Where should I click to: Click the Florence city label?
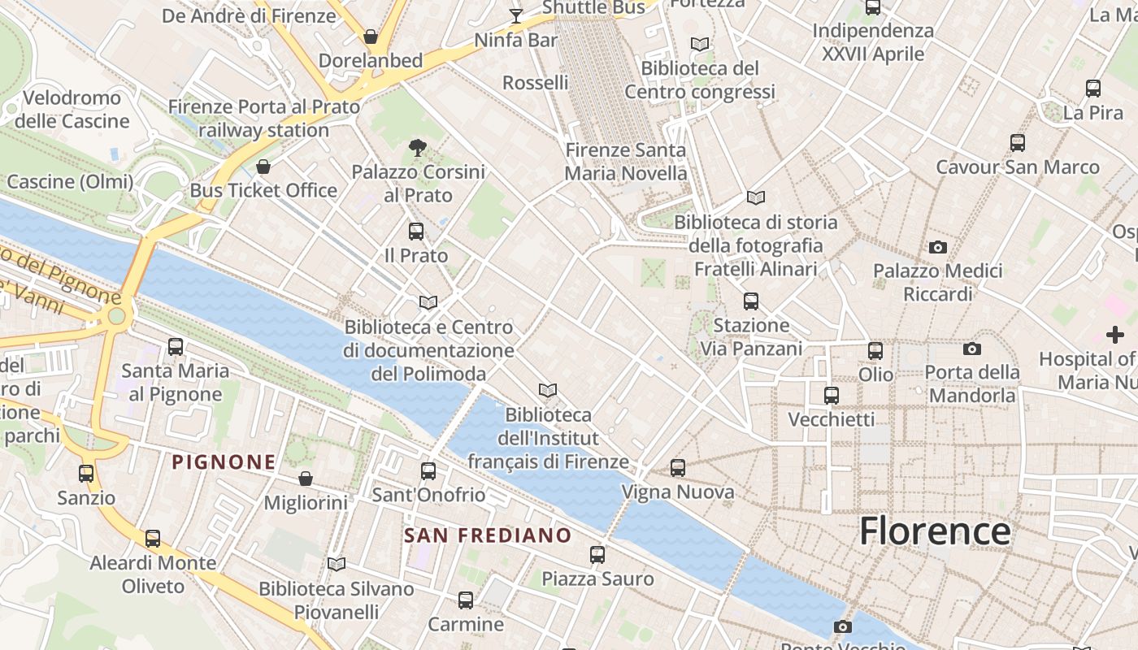935,531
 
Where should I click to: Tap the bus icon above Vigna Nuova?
678,468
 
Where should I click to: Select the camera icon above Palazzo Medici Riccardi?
938,247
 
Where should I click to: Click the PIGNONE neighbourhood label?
224,462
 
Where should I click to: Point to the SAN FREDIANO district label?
488,535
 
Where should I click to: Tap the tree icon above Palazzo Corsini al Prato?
418,148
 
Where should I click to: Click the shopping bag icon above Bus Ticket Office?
263,167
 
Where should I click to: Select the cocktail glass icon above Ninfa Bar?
515,15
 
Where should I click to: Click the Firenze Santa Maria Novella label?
626,162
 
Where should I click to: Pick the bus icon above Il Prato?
416,232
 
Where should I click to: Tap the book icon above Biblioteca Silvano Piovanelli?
336,564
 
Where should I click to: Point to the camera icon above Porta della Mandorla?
971,349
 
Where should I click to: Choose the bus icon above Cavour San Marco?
1018,143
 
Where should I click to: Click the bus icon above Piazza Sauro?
597,555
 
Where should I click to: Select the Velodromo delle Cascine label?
72,110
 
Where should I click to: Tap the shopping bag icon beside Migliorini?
306,479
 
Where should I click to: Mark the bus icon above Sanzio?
86,473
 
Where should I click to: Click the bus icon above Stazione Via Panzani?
751,301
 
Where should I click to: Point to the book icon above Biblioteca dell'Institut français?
549,391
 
